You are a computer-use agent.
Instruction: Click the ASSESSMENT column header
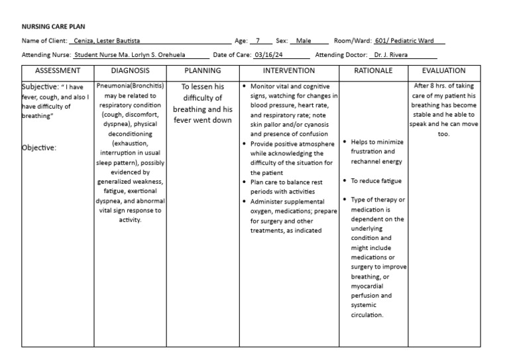pos(58,70)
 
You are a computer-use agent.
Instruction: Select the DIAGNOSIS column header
pos(130,70)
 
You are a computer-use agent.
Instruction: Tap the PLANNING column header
pos(203,70)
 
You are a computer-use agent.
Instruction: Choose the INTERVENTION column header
pos(289,70)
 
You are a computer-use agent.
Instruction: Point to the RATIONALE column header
pos(374,70)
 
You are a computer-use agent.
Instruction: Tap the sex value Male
pos(304,41)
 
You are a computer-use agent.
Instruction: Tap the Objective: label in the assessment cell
pos(40,148)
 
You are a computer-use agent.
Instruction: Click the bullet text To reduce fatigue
pos(376,180)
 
